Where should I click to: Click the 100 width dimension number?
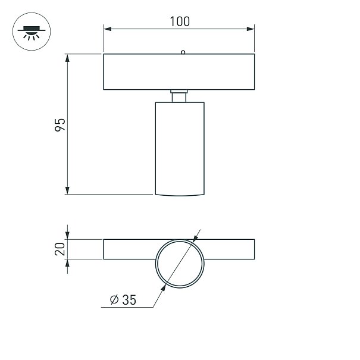180,21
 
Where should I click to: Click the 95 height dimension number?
60,125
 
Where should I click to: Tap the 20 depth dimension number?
60,249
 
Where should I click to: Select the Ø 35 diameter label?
123,300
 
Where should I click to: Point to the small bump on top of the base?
183,52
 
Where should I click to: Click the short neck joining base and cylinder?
179,96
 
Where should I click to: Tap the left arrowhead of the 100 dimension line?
108,29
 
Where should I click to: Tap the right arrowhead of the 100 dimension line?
251,29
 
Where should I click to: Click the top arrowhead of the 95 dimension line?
67,58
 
